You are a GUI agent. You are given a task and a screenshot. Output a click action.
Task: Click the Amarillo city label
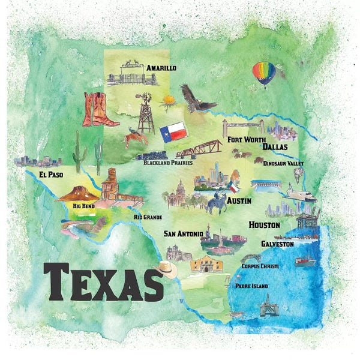pyautogui.click(x=161, y=68)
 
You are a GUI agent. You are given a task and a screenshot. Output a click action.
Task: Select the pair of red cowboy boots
pyautogui.click(x=99, y=109)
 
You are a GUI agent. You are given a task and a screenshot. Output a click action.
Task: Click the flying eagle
pyautogui.click(x=196, y=99)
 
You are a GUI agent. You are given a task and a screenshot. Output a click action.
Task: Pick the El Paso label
pyautogui.click(x=51, y=175)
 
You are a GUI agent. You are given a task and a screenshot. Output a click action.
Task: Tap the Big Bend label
pyautogui.click(x=83, y=206)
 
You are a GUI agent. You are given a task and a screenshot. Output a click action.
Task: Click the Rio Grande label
pyautogui.click(x=148, y=217)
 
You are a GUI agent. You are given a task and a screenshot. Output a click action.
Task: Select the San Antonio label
pyautogui.click(x=183, y=233)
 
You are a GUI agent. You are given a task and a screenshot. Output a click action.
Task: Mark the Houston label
pyautogui.click(x=265, y=224)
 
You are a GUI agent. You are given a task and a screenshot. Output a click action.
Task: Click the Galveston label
pyautogui.click(x=277, y=244)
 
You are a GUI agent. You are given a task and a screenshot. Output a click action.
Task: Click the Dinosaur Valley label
pyautogui.click(x=283, y=163)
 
